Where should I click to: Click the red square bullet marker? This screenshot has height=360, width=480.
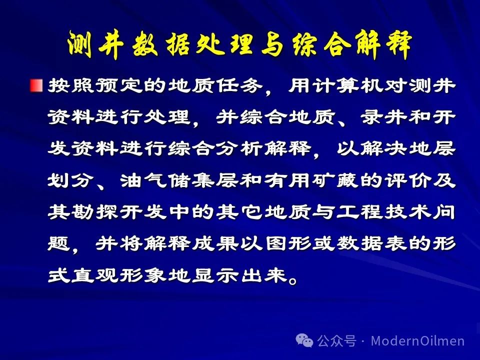click(x=36, y=85)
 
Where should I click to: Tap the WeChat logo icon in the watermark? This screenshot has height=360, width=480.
click(x=304, y=340)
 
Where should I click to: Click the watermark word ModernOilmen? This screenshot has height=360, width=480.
click(x=417, y=340)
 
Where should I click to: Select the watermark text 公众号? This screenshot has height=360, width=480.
click(x=336, y=340)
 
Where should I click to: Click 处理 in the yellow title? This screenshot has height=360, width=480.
click(x=224, y=44)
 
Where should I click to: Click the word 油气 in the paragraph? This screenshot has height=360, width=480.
click(x=144, y=180)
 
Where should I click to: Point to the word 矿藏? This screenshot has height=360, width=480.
click(x=335, y=180)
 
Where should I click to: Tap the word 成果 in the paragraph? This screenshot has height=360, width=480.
click(x=215, y=243)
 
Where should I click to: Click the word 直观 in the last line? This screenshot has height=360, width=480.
click(x=95, y=275)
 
